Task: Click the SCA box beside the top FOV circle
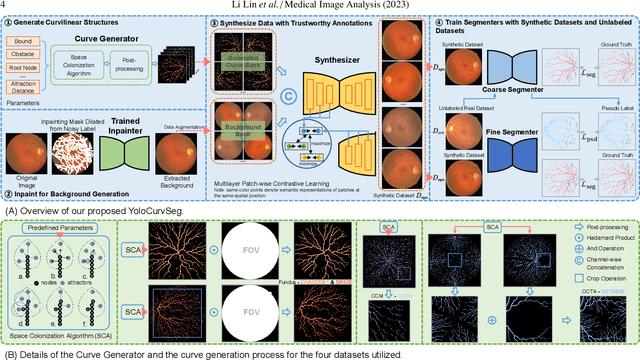132,248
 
